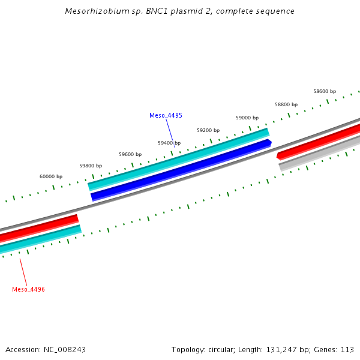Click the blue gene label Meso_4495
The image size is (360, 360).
(x=166, y=115)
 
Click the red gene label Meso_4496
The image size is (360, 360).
(x=28, y=289)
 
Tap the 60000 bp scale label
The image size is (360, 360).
(x=51, y=176)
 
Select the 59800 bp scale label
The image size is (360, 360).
(x=91, y=166)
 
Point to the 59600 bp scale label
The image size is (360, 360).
(x=130, y=154)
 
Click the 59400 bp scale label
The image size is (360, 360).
(x=169, y=143)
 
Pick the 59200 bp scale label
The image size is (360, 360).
(x=208, y=130)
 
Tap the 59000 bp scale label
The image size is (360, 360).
(x=247, y=118)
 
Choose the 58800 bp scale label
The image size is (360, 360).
(x=286, y=104)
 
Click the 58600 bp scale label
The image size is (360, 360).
(x=325, y=91)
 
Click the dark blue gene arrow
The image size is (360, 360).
(x=180, y=170)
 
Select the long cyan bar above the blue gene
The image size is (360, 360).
(x=178, y=159)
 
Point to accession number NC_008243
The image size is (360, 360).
(x=64, y=349)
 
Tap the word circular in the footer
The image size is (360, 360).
(x=221, y=349)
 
